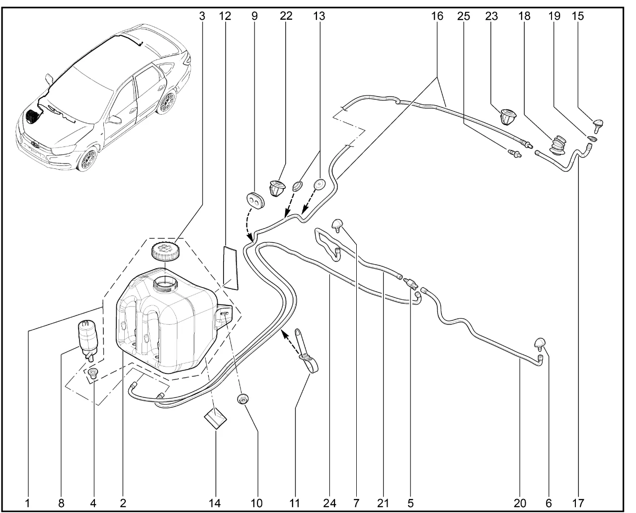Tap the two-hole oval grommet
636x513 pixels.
point(255,198)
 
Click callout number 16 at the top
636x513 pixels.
point(437,16)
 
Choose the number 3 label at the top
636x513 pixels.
point(202,16)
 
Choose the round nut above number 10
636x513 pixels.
point(243,398)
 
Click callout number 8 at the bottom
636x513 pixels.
point(61,503)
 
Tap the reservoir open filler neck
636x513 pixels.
point(164,285)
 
